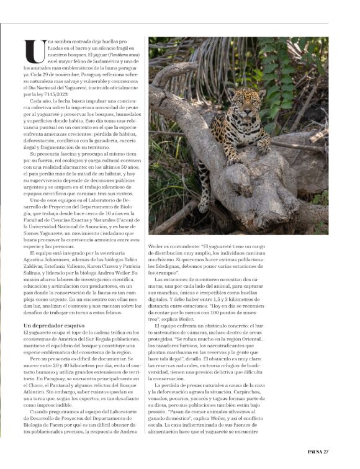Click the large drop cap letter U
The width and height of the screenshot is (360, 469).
[x=30, y=49]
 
